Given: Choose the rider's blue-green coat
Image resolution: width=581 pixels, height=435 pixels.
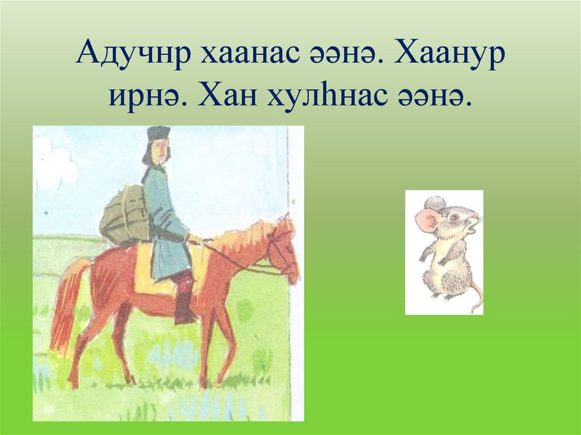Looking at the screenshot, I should pos(165,227).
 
